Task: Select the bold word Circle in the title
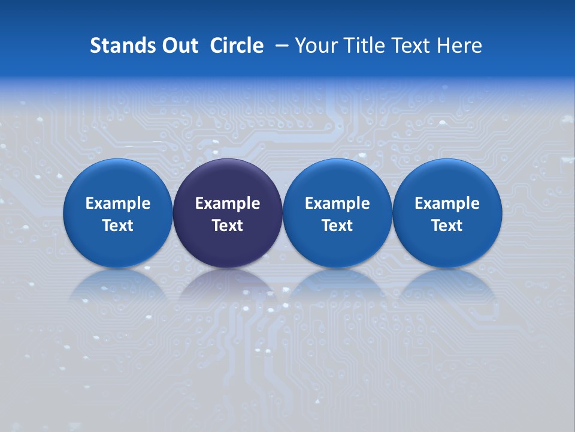click(x=237, y=46)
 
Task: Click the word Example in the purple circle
click(x=228, y=203)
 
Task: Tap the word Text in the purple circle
click(x=228, y=226)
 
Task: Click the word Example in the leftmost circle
click(x=117, y=203)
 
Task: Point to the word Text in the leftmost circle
click(x=117, y=226)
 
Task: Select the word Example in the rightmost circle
click(x=447, y=203)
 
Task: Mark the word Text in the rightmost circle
click(x=447, y=226)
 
